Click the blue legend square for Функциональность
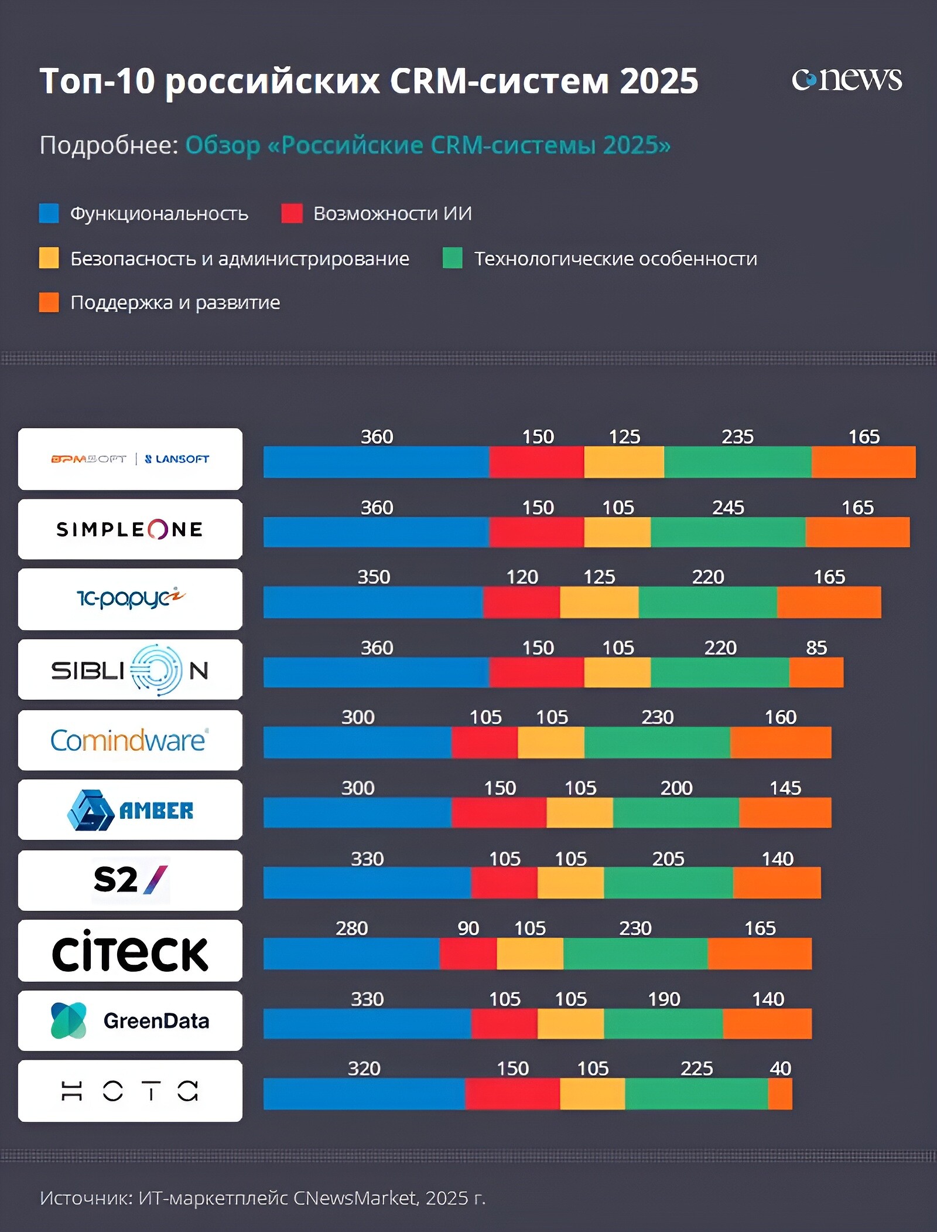49,213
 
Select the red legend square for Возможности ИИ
292,213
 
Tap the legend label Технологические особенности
615,258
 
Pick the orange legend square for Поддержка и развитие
49,302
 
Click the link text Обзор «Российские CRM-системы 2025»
428,145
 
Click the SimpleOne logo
130,529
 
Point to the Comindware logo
130,740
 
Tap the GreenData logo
130,1020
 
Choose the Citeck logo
130,951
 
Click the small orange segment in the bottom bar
779,1094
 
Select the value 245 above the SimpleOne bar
728,508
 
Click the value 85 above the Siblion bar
816,648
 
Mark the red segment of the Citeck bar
468,954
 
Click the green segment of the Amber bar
676,812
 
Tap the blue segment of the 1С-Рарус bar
373,602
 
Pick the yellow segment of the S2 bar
570,883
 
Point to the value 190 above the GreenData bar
664,999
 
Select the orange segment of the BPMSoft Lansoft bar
863,462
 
